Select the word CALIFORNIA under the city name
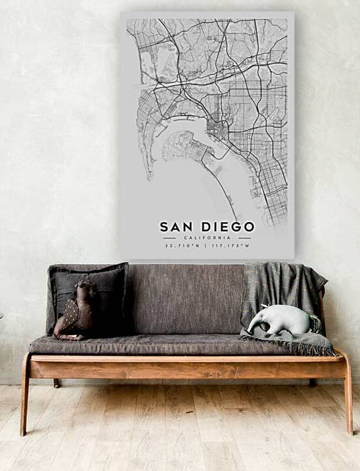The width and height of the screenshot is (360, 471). point(207,237)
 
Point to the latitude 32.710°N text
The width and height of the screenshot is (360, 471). point(183,246)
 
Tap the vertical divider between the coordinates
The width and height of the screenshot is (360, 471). point(207,246)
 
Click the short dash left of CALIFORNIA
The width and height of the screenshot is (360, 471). point(169,237)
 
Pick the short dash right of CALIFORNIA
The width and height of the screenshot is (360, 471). point(245,237)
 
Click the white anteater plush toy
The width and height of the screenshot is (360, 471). point(283,319)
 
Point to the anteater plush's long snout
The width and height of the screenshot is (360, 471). point(257,325)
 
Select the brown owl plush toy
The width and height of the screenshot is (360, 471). point(77,311)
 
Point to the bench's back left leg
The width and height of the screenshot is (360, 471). point(56,383)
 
